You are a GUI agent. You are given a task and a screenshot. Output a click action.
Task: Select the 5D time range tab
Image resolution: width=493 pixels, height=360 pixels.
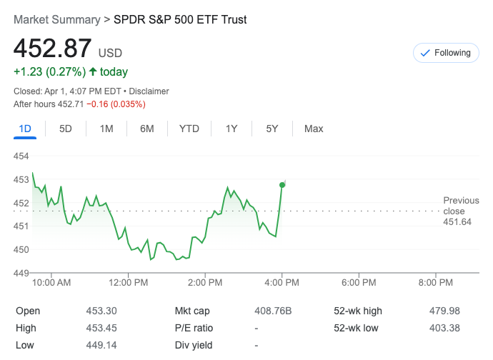[x=66, y=129]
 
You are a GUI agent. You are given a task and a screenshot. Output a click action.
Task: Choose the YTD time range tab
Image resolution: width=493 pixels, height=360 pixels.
[x=189, y=129]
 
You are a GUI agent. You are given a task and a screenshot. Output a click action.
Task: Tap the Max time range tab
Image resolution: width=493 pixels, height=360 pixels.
[x=314, y=129]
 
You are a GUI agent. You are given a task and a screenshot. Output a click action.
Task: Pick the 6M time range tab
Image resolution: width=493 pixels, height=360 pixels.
[x=147, y=129]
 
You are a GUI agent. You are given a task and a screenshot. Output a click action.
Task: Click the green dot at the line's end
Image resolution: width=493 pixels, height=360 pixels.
[x=282, y=185]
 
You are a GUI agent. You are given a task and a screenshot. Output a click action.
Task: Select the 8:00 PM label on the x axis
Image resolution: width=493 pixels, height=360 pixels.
[x=435, y=283]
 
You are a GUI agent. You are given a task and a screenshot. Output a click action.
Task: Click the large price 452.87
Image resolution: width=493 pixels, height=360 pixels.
[x=52, y=49]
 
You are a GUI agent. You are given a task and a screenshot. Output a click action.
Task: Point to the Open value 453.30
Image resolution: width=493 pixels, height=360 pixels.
[x=101, y=311]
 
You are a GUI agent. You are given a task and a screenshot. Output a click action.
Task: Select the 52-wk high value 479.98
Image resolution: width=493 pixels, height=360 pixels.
[x=445, y=311]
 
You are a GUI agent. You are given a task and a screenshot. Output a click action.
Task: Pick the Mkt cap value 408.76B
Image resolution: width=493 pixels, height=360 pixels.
[x=273, y=311]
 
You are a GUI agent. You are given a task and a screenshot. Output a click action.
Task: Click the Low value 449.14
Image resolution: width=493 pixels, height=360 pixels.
[x=101, y=346]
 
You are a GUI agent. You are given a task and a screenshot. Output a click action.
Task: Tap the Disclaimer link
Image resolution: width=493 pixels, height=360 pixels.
[x=149, y=91]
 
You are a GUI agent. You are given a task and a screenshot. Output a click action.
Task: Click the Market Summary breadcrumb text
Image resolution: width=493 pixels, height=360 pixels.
[x=56, y=20]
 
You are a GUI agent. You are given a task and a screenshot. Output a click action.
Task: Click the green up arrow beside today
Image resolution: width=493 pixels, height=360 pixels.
[x=92, y=72]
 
